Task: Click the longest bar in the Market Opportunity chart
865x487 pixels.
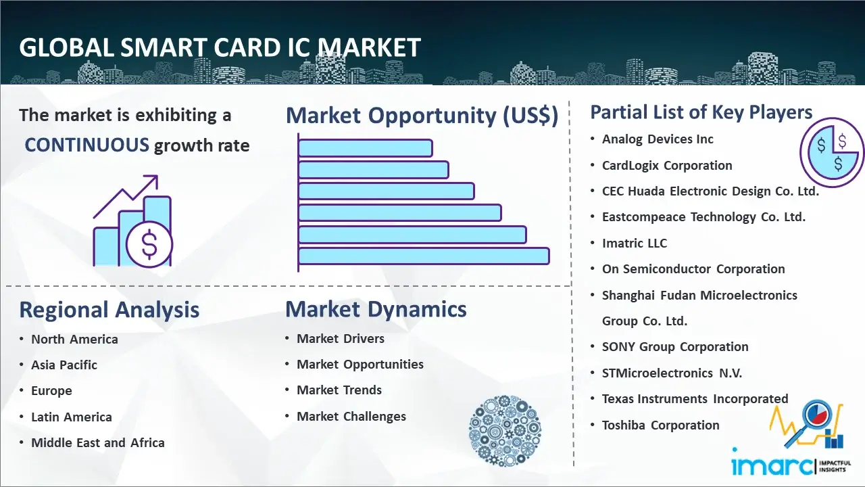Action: [x=423, y=256]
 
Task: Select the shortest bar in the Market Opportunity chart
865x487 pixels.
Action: [x=365, y=147]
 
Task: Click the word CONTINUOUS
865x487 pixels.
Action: [x=87, y=145]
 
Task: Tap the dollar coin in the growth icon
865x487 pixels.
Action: [x=149, y=245]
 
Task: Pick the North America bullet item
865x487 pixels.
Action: [x=74, y=339]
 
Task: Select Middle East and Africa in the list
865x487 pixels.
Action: [x=97, y=443]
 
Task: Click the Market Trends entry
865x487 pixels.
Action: [x=339, y=390]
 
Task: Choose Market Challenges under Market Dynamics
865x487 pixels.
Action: [x=351, y=417]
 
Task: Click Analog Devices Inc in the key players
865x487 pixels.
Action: [x=658, y=139]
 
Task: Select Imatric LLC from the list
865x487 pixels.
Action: [x=634, y=243]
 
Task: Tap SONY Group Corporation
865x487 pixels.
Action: [x=674, y=347]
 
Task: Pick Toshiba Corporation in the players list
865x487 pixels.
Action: [x=660, y=425]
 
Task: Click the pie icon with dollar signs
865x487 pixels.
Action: [x=831, y=152]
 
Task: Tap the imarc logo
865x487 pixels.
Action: [x=770, y=465]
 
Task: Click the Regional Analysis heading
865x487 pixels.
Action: [x=109, y=310]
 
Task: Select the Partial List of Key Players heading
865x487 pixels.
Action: [x=701, y=112]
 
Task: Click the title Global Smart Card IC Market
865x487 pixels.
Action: [x=220, y=48]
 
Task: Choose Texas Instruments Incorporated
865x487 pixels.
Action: [x=695, y=399]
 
